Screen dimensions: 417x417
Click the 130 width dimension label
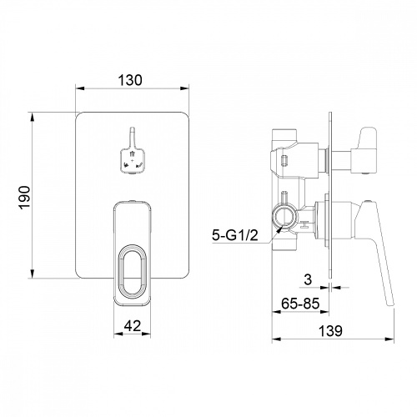pyautogui.click(x=130, y=80)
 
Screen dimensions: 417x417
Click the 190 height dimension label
pyautogui.click(x=24, y=198)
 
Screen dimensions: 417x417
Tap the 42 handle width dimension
pyautogui.click(x=133, y=326)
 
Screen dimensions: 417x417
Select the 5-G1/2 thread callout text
pyautogui.click(x=235, y=236)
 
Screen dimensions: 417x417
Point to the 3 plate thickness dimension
pyautogui.click(x=308, y=279)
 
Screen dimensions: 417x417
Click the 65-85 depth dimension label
pyautogui.click(x=300, y=304)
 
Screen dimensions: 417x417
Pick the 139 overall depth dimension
pyautogui.click(x=330, y=331)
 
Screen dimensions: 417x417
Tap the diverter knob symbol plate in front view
pyautogui.click(x=133, y=161)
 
